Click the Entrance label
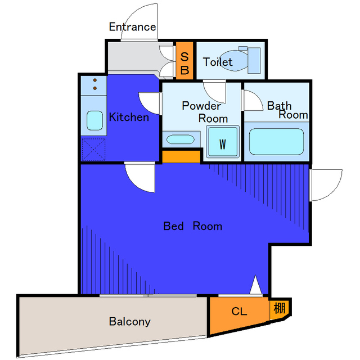[x=133, y=27]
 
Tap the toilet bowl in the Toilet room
[x=233, y=61]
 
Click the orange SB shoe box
[x=184, y=60]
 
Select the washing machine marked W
[x=223, y=142]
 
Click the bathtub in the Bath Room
[x=276, y=142]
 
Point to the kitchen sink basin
[x=94, y=120]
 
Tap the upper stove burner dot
[x=95, y=80]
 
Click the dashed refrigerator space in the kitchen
[x=93, y=150]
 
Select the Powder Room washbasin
[x=181, y=139]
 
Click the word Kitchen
[x=129, y=117]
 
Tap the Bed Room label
[x=192, y=226]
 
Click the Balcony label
[x=130, y=321]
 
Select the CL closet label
[x=239, y=311]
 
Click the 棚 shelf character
[x=280, y=308]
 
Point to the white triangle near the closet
[x=255, y=285]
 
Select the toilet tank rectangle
[x=254, y=61]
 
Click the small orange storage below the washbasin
[x=181, y=156]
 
